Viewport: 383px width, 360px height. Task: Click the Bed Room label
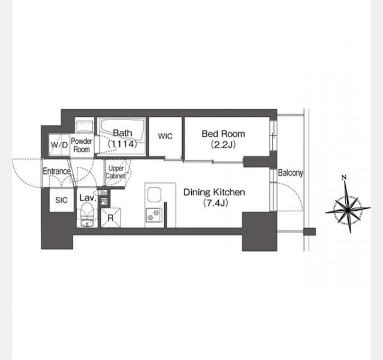tap(223, 134)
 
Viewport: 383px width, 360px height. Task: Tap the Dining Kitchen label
tap(214, 192)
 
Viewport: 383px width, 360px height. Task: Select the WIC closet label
tap(165, 136)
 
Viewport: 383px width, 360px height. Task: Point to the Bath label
tap(123, 133)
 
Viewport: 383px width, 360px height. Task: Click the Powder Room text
tap(82, 145)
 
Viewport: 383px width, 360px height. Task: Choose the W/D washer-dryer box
tap(59, 145)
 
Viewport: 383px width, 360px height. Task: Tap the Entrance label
tap(57, 171)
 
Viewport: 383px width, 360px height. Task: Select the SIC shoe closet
tap(62, 200)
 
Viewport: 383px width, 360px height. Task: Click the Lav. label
tap(87, 198)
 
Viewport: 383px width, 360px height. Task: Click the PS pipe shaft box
tap(104, 202)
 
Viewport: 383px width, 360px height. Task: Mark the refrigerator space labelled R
tap(111, 218)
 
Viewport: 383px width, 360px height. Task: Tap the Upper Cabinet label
tap(116, 172)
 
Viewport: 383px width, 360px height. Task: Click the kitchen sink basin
tap(154, 194)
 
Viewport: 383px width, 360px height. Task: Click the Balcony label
tap(291, 173)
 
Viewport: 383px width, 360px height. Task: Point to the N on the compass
tap(345, 178)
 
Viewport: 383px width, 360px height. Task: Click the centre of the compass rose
tap(348, 209)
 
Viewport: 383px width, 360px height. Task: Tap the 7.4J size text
tap(216, 203)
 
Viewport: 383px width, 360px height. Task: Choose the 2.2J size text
tap(223, 145)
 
